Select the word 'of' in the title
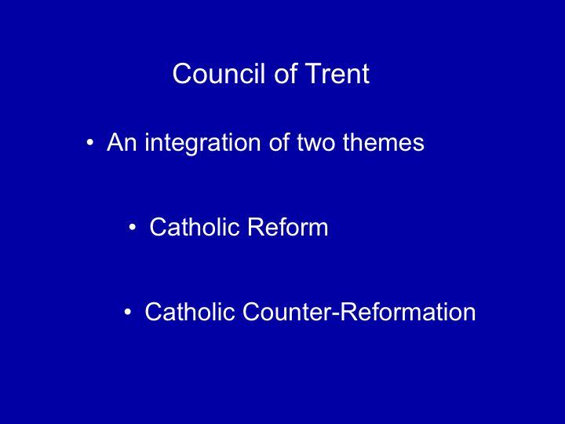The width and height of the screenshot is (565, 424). (286, 74)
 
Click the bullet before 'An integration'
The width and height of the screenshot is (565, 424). (89, 143)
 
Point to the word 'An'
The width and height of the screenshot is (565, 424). (122, 142)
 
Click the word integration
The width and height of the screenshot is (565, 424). (202, 143)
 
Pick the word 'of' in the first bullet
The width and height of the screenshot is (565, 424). (279, 142)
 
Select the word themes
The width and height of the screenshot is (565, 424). (384, 142)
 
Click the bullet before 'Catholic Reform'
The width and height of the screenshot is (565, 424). (133, 228)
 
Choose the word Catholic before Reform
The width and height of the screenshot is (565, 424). (195, 227)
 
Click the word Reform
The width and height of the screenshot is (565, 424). (287, 227)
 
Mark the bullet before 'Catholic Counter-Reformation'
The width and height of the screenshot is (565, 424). (128, 312)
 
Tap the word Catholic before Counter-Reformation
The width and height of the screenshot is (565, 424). (190, 312)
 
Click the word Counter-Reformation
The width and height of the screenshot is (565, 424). (359, 312)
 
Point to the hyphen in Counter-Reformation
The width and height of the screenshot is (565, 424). (336, 314)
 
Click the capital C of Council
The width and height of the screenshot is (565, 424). (181, 74)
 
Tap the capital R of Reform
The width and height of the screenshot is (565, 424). (256, 227)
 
